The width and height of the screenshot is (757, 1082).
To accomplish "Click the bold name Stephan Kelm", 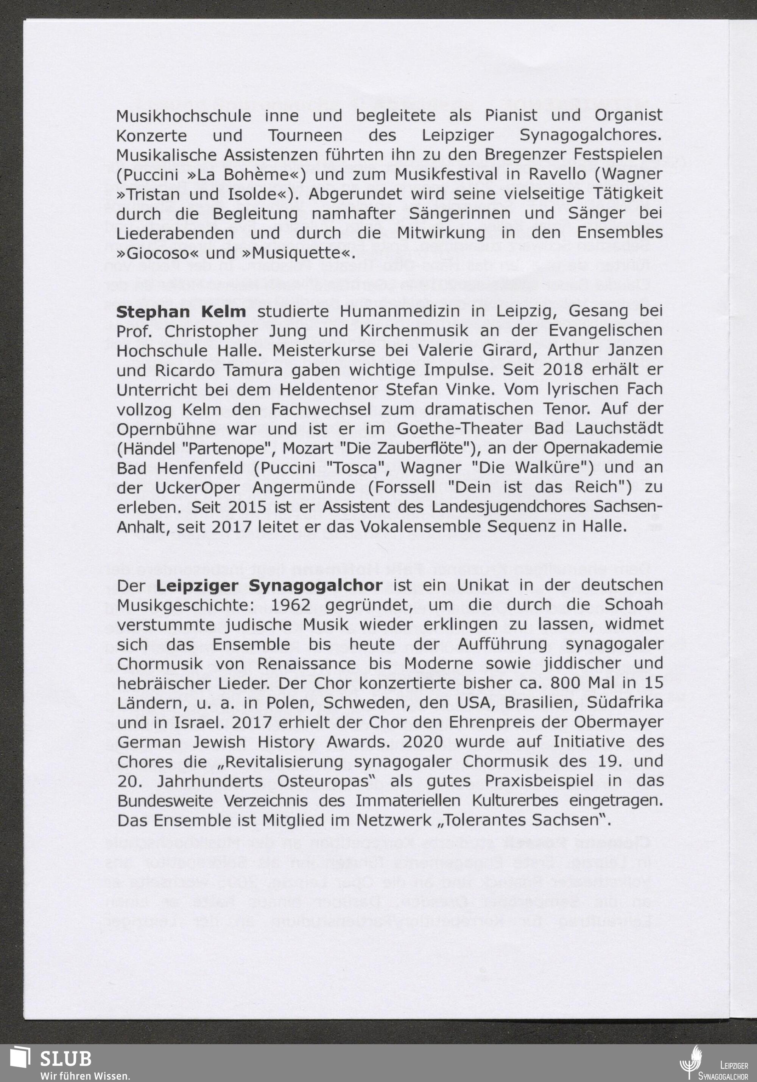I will click(181, 312).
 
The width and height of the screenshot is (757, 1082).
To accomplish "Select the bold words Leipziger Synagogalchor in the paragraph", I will click(269, 585).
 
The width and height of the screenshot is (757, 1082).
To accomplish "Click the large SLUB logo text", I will click(65, 1059).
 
